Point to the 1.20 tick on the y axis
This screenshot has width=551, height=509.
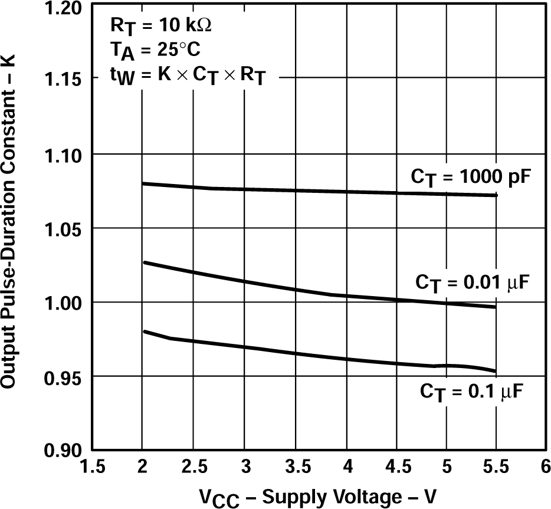coord(65,7)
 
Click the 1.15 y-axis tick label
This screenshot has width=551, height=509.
coord(65,80)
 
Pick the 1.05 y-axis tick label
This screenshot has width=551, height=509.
coord(65,228)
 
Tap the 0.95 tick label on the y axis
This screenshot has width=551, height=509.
coord(65,376)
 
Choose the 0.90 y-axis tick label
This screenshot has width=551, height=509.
coord(65,451)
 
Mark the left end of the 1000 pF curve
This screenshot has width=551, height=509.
coord(143,183)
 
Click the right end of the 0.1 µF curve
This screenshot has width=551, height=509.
coord(496,371)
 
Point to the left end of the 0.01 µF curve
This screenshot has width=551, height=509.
coord(143,262)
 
